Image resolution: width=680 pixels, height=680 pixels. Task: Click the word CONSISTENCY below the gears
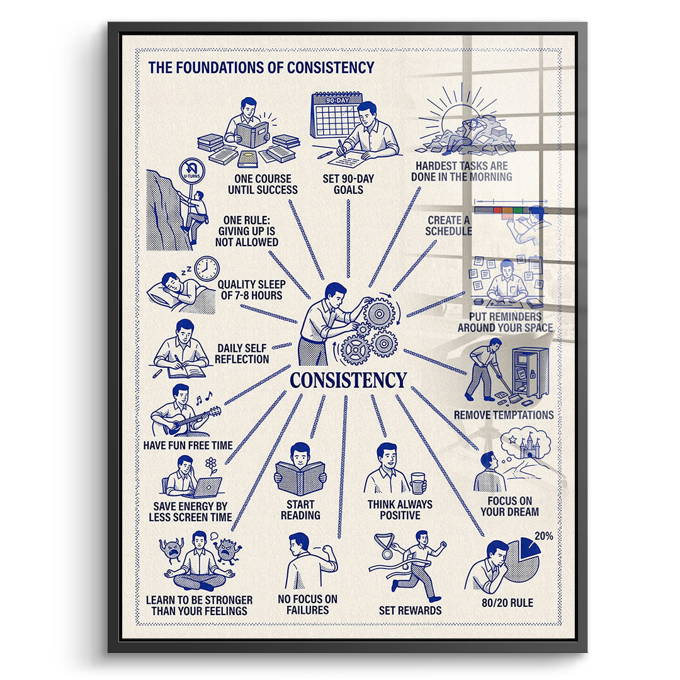point(348,380)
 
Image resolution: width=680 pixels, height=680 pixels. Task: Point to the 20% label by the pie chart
point(543,536)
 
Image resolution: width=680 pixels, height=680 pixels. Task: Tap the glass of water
point(418,483)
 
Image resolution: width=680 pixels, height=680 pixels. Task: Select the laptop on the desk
point(206,487)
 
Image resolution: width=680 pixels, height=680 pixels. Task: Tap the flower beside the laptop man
point(211,466)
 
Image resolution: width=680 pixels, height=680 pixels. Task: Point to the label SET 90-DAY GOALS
point(348,184)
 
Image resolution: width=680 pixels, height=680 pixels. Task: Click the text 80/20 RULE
point(507,603)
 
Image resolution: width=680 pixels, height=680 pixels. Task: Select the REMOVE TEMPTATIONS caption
point(504,415)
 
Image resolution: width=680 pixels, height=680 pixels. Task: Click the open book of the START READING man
point(300,479)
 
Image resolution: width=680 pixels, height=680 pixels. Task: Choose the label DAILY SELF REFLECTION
point(242,353)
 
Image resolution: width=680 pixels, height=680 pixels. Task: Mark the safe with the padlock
point(530,372)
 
